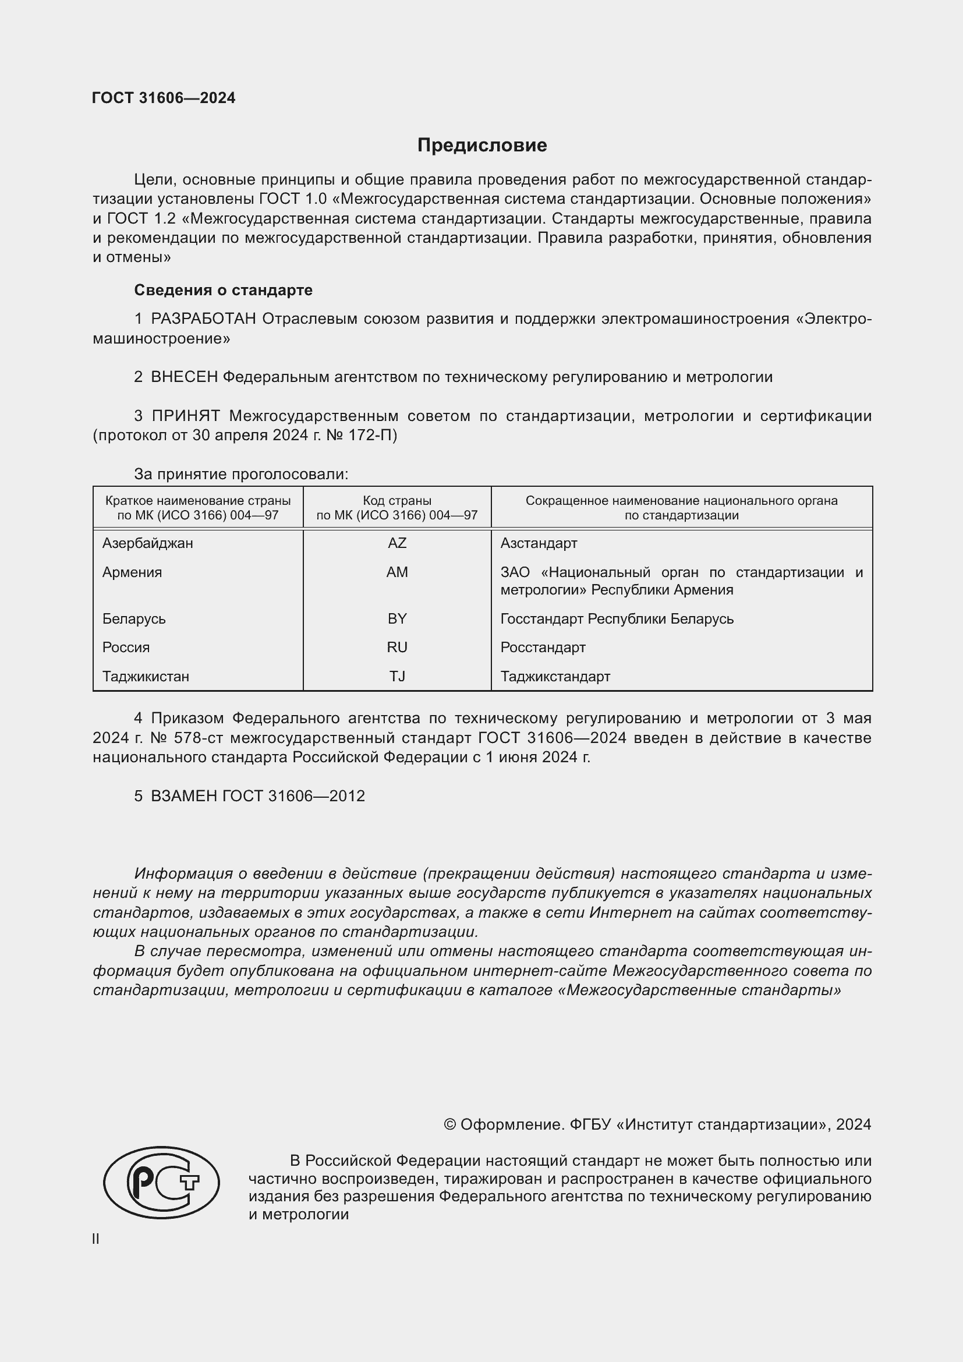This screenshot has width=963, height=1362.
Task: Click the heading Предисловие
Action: [481, 146]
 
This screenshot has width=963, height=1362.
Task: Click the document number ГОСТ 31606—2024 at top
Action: [164, 98]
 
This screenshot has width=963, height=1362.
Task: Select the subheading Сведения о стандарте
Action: [223, 290]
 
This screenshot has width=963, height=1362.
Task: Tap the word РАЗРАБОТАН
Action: [203, 319]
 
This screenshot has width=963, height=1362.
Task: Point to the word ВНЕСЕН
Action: [185, 377]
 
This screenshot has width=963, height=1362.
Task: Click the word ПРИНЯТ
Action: [186, 416]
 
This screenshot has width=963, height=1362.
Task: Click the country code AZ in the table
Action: [396, 543]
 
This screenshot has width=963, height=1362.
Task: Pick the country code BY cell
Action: [396, 619]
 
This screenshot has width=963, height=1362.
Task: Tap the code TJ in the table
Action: [396, 676]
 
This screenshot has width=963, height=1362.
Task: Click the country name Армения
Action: [132, 572]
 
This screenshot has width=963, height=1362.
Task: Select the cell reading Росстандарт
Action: [543, 648]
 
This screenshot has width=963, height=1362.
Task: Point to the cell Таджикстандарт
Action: [555, 676]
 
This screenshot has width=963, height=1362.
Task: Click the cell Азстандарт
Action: [539, 543]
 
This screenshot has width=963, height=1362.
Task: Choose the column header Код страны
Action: [396, 501]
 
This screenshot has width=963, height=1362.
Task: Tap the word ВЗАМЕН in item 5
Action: [185, 796]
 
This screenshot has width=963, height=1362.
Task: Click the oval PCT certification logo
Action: [161, 1182]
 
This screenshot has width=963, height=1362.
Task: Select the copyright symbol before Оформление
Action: [449, 1125]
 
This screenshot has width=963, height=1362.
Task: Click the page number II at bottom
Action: [96, 1239]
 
